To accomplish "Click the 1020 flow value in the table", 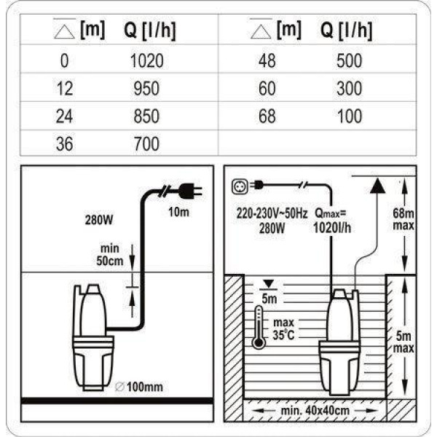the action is click(147, 60).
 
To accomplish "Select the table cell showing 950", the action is click(146, 89).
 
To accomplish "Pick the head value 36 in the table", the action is click(64, 144).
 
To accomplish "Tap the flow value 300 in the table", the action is click(349, 89).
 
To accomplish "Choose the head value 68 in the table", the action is click(267, 117).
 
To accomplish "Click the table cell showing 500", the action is click(349, 60).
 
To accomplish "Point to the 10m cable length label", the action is click(178, 212).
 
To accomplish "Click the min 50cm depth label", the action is click(110, 255).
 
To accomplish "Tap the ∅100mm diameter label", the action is click(139, 387).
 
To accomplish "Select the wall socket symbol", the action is click(240, 186).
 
